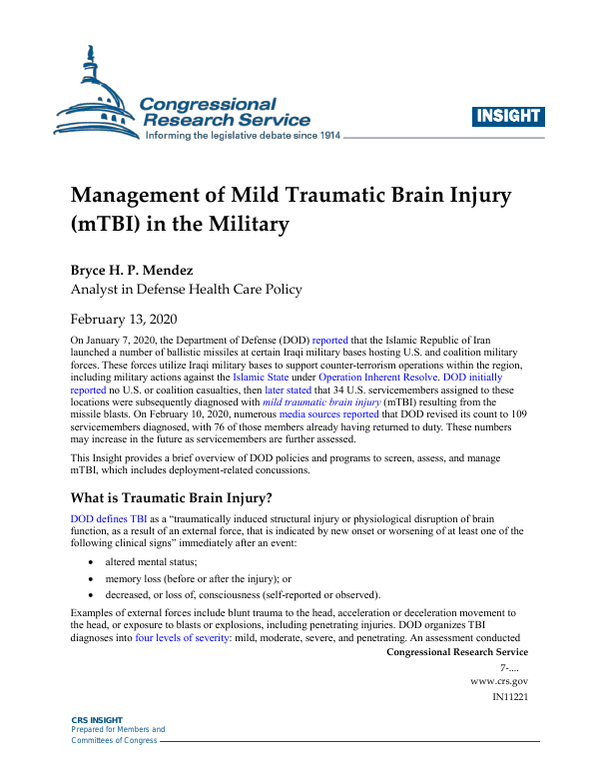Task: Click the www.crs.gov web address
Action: coord(498,680)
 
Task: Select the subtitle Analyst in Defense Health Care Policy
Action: coord(186,290)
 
